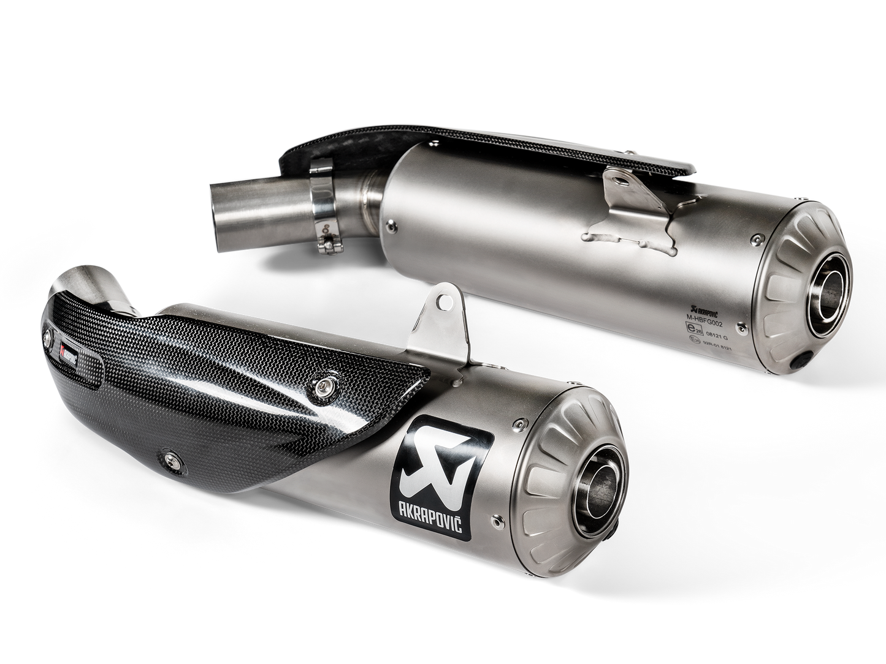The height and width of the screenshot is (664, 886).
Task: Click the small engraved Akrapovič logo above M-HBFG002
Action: tap(690, 311)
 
